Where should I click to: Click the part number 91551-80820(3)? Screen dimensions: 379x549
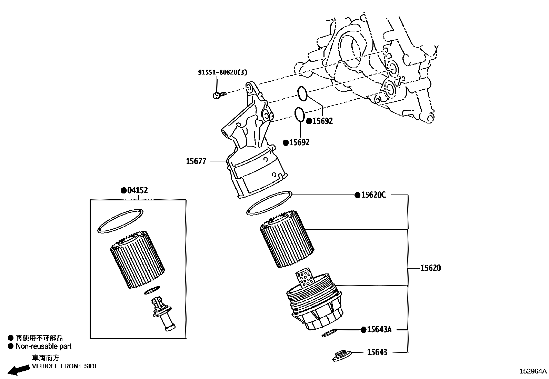(x=222, y=72)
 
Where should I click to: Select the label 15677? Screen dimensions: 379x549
(x=196, y=161)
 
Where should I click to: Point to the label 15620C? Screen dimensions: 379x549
(x=373, y=195)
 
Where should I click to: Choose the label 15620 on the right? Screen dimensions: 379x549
(x=430, y=268)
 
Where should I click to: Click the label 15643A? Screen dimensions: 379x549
(x=379, y=330)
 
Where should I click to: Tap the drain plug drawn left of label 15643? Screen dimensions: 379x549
(x=342, y=356)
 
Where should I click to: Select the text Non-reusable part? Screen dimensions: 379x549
(x=43, y=346)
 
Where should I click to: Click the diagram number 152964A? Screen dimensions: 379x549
(x=533, y=371)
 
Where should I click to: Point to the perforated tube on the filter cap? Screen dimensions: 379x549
(x=305, y=279)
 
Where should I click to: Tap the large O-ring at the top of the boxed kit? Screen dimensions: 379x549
(x=120, y=221)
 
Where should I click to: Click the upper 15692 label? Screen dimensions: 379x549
(x=322, y=121)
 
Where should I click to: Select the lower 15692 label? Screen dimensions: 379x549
(x=299, y=142)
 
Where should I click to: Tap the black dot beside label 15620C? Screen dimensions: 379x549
(x=357, y=195)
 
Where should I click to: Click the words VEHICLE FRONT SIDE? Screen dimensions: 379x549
(x=65, y=366)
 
